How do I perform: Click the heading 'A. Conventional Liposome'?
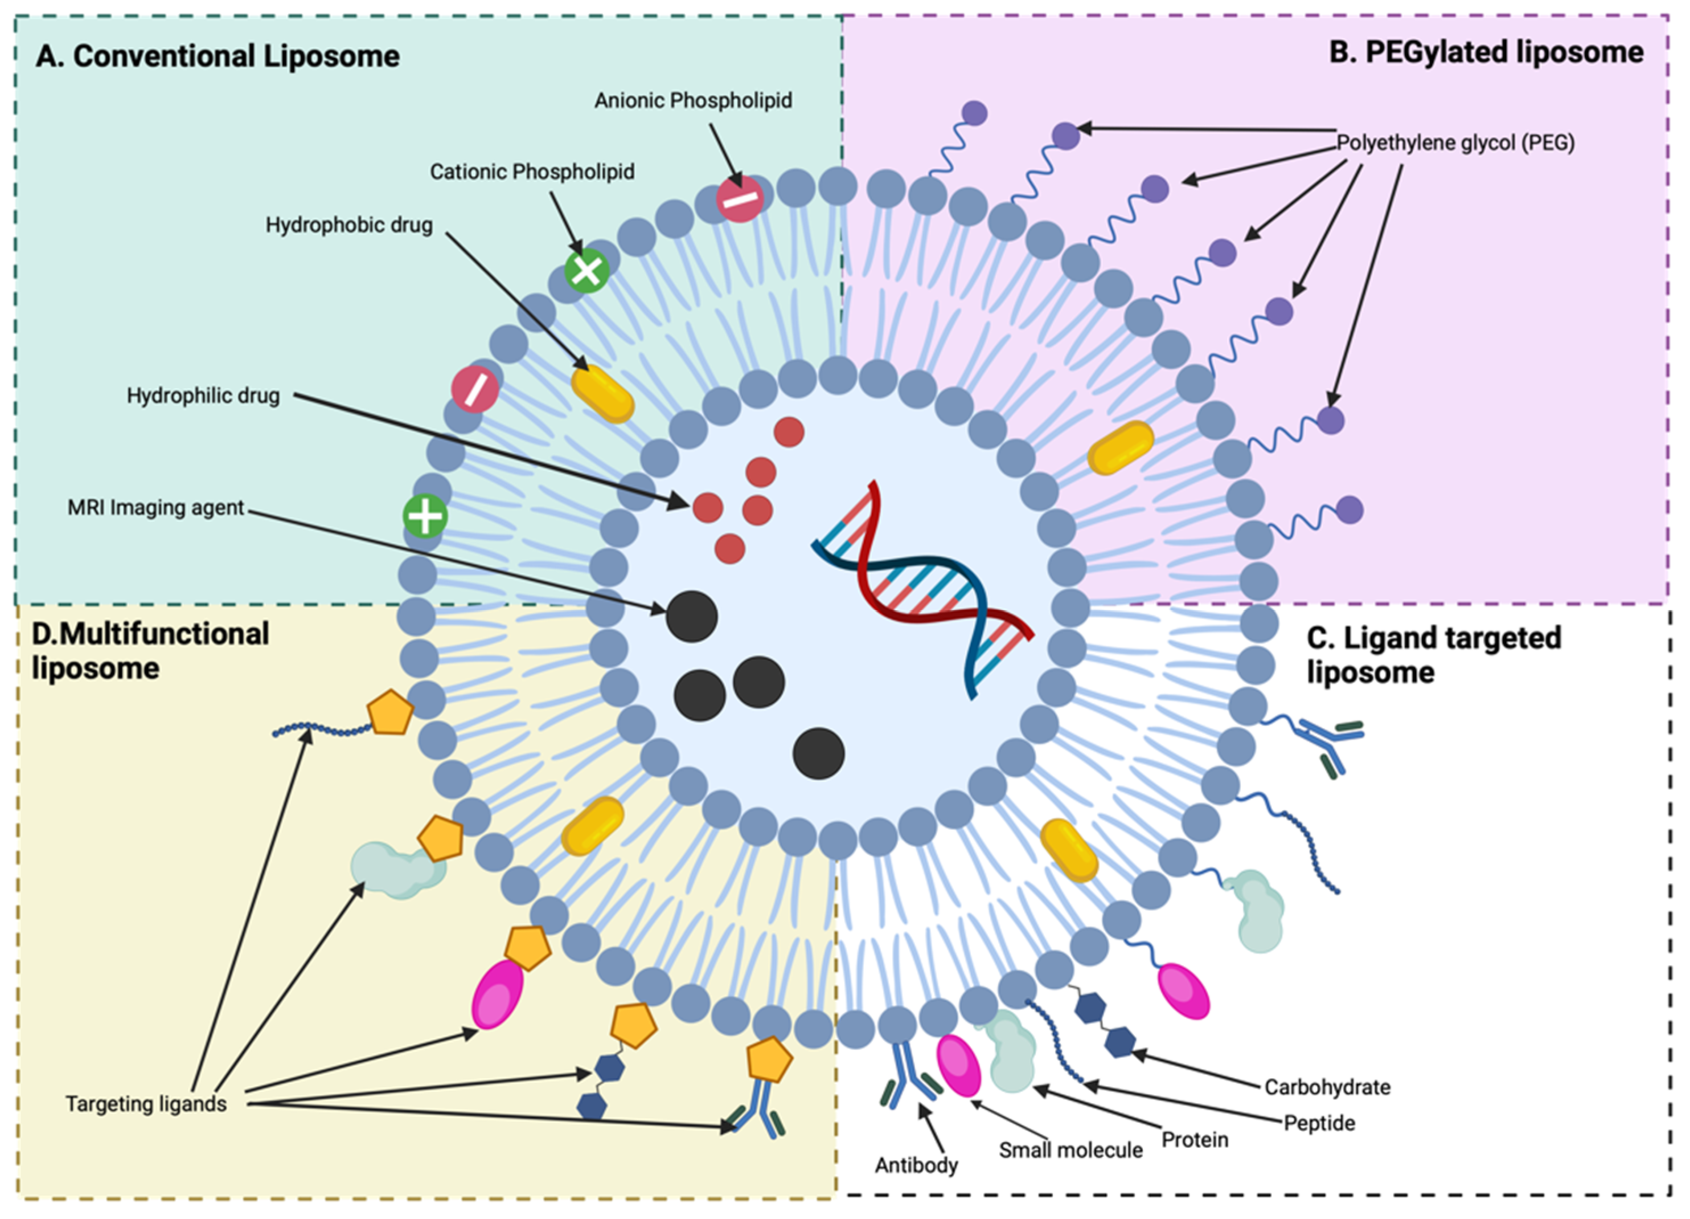click(x=218, y=56)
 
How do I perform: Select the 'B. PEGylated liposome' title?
click(x=1487, y=53)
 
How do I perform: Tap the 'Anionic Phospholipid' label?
click(x=693, y=101)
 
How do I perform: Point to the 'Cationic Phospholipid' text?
click(x=532, y=172)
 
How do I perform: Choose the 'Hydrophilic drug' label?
click(x=203, y=396)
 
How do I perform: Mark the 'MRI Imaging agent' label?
click(x=156, y=508)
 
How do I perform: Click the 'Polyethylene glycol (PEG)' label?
click(x=1455, y=142)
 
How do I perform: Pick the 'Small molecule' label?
click(x=1071, y=1151)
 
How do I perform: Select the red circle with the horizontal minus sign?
click(x=740, y=199)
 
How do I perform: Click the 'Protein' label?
click(x=1195, y=1140)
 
